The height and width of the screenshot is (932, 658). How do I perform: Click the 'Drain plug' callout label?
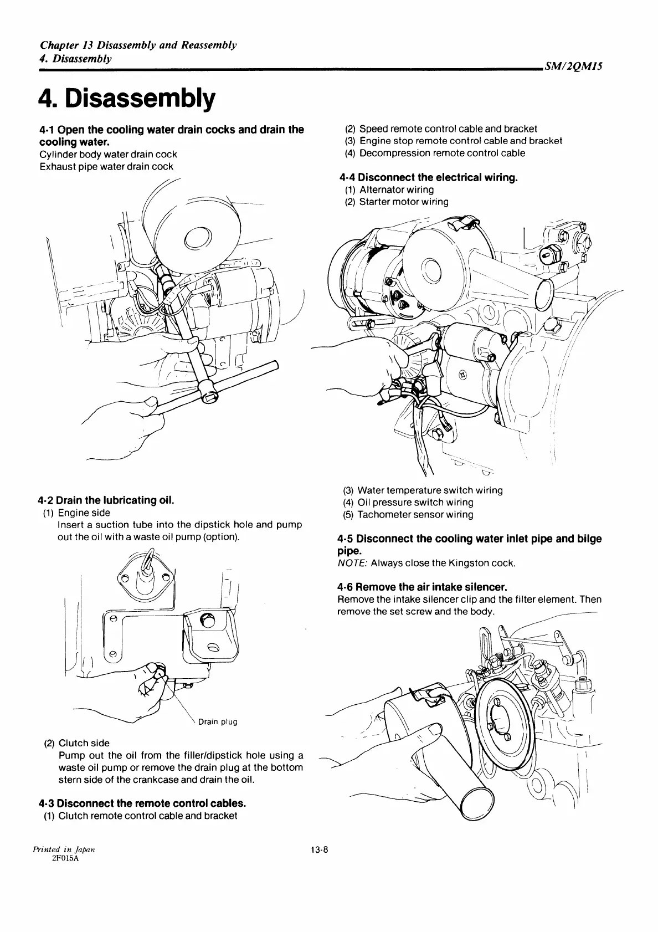click(218, 721)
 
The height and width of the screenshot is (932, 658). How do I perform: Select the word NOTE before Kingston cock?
click(352, 564)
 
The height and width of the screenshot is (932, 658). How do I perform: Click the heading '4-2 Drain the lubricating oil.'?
click(107, 500)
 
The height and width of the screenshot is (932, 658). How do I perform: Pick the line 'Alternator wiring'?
click(396, 190)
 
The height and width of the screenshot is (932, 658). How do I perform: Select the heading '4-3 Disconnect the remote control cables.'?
click(142, 803)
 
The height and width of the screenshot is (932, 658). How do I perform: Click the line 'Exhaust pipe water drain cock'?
click(106, 166)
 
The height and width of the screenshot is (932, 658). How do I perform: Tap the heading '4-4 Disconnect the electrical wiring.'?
click(429, 177)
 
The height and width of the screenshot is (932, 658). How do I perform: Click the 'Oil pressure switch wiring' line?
click(415, 503)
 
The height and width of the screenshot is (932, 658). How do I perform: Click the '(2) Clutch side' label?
click(84, 743)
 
